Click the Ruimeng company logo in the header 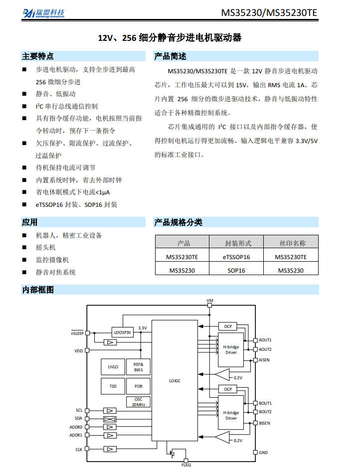(x=43, y=13)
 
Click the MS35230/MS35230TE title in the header (x=269, y=12)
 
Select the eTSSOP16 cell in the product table (x=236, y=257)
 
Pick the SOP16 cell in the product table (x=236, y=270)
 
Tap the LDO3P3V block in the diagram (x=122, y=332)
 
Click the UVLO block (x=113, y=367)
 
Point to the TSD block (x=113, y=386)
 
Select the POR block (x=138, y=386)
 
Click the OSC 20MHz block (x=138, y=402)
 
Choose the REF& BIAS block (x=138, y=367)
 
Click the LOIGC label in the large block (x=175, y=381)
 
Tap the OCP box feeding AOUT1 (x=227, y=326)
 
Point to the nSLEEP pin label (x=77, y=333)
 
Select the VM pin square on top (x=210, y=306)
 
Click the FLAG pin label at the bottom (x=186, y=465)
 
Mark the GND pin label (x=263, y=453)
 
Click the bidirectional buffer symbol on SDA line (x=110, y=419)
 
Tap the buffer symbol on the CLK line (x=110, y=449)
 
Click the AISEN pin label (x=264, y=360)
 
